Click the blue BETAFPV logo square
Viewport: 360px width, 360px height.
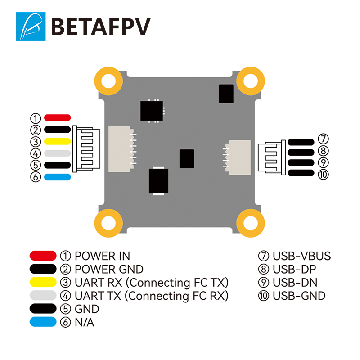(x=31, y=26)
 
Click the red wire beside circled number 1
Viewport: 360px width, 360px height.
(x=58, y=118)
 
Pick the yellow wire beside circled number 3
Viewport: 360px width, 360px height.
(x=58, y=141)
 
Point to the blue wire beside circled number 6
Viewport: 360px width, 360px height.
(x=58, y=177)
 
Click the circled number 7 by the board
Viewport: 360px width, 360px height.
(x=323, y=139)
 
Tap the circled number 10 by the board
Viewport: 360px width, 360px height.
(x=323, y=175)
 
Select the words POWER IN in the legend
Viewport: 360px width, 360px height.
(x=103, y=256)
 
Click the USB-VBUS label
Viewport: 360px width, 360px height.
(x=301, y=256)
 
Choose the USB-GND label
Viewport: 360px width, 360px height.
(x=299, y=296)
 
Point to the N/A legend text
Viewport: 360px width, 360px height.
(x=85, y=322)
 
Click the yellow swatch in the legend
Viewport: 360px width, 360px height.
(x=43, y=283)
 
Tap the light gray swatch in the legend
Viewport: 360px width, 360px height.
(x=43, y=296)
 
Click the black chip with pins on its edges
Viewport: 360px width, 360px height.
(x=152, y=111)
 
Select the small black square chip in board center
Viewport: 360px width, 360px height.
(x=187, y=159)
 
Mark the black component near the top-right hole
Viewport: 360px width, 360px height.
(x=226, y=94)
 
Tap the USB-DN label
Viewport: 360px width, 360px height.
(x=295, y=283)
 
